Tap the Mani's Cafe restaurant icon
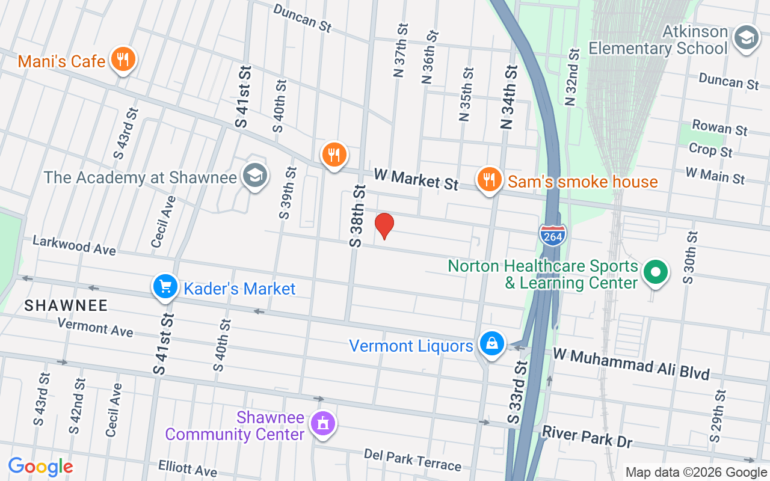123,60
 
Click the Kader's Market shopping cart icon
165,287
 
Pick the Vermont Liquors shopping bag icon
492,344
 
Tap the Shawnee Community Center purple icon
322,423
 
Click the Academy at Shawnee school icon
255,176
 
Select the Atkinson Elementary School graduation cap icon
747,38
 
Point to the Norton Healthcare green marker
656,272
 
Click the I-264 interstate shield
552,234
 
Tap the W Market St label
416,179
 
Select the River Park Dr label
587,437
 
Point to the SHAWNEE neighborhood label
66,305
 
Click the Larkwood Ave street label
74,245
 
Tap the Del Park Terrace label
413,459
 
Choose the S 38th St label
357,216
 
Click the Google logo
41,467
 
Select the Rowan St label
719,127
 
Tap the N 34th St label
509,97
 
